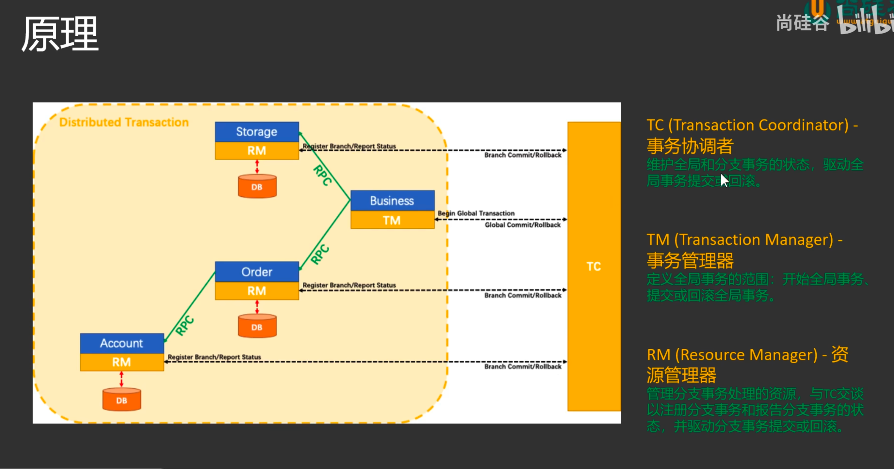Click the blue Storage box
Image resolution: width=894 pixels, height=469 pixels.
click(x=256, y=132)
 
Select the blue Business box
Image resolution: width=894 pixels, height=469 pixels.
click(x=392, y=200)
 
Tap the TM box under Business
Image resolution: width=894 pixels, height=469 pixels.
click(x=392, y=220)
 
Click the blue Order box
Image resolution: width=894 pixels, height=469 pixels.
click(x=256, y=272)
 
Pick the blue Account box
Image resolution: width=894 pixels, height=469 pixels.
click(x=122, y=343)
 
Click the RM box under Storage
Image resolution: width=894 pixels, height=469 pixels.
click(x=256, y=151)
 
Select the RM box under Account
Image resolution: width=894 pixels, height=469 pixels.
click(x=122, y=362)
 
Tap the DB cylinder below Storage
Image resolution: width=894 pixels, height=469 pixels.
click(x=257, y=186)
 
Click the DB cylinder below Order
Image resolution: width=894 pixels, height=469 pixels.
click(x=257, y=327)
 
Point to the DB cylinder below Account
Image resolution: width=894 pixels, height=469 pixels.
click(x=122, y=400)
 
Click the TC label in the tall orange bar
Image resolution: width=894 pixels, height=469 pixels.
click(x=594, y=266)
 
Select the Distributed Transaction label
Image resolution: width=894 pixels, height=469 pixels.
click(x=124, y=122)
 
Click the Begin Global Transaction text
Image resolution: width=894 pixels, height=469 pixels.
click(x=476, y=213)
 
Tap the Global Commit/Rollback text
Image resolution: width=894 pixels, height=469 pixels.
click(x=523, y=225)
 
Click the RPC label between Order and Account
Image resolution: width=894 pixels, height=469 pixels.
click(x=184, y=326)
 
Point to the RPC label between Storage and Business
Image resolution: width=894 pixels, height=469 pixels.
click(x=322, y=175)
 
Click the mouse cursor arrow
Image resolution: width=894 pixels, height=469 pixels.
click(x=724, y=180)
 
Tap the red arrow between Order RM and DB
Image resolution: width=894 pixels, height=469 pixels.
click(x=257, y=307)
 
